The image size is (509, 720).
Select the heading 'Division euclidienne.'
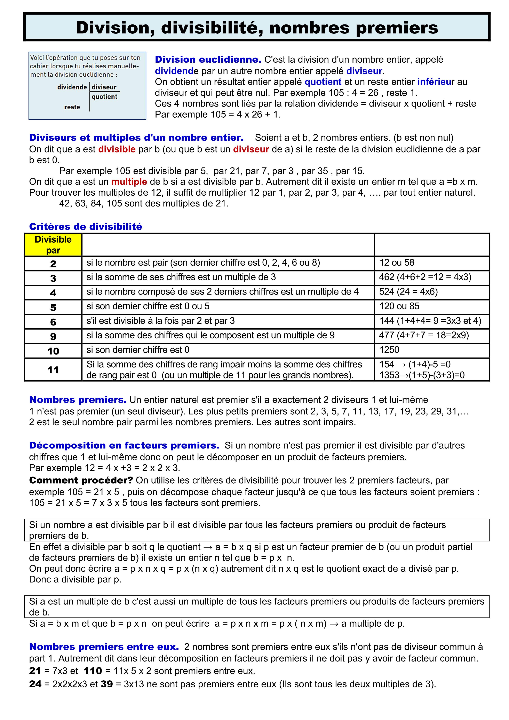tap(208, 60)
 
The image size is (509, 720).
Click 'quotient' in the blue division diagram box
tap(105, 97)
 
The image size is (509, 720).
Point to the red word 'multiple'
tap(129, 182)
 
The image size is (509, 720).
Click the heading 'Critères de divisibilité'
tap(86, 227)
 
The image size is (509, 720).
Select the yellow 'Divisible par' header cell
tap(53, 245)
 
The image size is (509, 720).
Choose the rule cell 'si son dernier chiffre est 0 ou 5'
tap(148, 306)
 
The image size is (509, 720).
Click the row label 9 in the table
tap(53, 336)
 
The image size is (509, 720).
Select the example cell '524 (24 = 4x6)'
tap(408, 292)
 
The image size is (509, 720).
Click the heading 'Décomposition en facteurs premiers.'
tap(124, 446)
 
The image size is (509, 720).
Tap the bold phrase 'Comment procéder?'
tap(81, 480)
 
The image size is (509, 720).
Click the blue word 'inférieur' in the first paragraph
tap(436, 82)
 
